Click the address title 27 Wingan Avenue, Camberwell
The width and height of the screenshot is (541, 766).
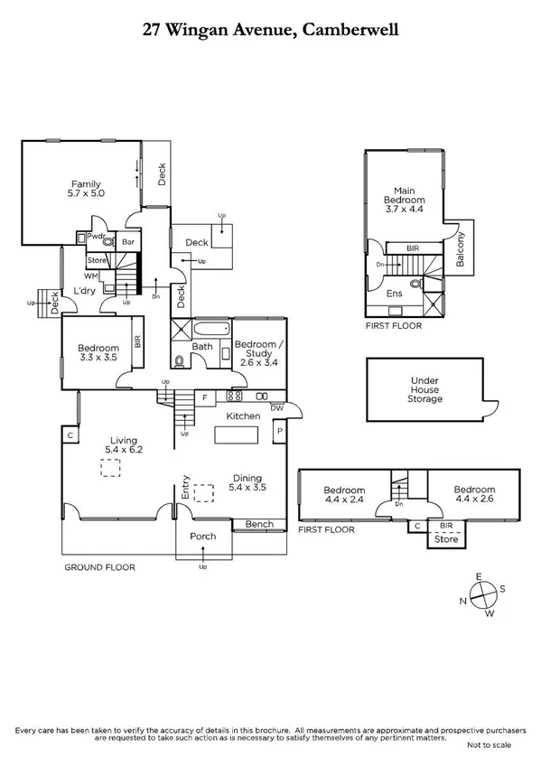coord(270,30)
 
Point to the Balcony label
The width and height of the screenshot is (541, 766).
coord(461,248)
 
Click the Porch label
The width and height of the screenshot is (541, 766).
coord(203,537)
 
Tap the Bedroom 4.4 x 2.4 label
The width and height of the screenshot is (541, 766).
coord(345,495)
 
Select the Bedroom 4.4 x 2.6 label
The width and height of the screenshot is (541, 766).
coord(475,495)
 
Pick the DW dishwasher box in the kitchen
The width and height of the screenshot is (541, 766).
coord(277,407)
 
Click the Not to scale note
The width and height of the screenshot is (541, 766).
coord(489,745)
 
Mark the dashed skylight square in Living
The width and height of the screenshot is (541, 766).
coord(111,467)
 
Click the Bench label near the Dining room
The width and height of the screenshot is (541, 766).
coord(258,524)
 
